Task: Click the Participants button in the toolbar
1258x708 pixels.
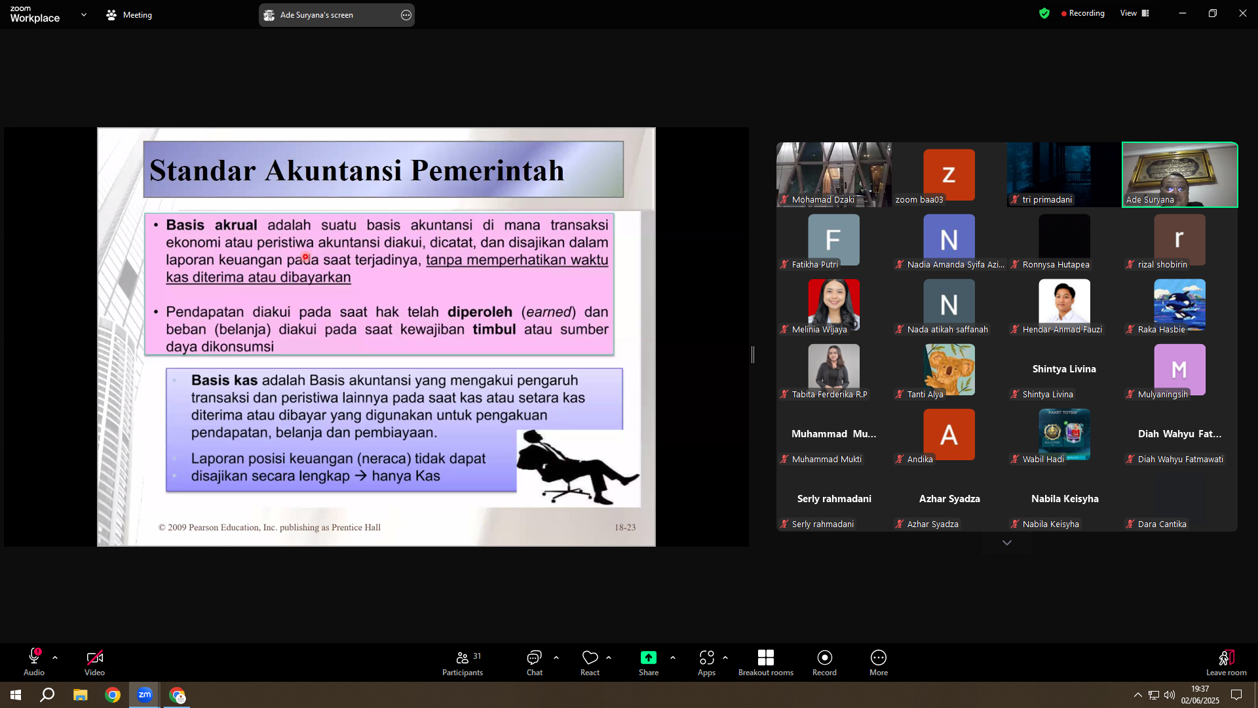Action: pos(463,663)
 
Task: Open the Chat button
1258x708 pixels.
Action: pos(534,663)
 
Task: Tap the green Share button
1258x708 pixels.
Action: pos(648,663)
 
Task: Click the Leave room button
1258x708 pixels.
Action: pos(1226,663)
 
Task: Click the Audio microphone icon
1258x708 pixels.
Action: pos(34,657)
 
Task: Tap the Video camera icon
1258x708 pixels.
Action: pos(94,658)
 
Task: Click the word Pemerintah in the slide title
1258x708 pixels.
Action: pos(487,170)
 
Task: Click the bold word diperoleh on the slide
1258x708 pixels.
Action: pos(480,312)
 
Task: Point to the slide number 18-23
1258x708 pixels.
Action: pos(625,527)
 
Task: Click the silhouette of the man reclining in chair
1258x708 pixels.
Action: pos(577,467)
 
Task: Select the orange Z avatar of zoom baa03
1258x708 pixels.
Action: pos(949,174)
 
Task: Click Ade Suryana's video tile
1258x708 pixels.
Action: pos(1179,174)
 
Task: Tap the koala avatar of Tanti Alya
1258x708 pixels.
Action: pos(949,369)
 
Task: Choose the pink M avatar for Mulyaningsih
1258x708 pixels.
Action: pos(1179,369)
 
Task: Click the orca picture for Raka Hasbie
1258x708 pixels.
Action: pos(1179,304)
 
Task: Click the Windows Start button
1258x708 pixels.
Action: pos(16,695)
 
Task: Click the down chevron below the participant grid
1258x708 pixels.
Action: pos(1007,543)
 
